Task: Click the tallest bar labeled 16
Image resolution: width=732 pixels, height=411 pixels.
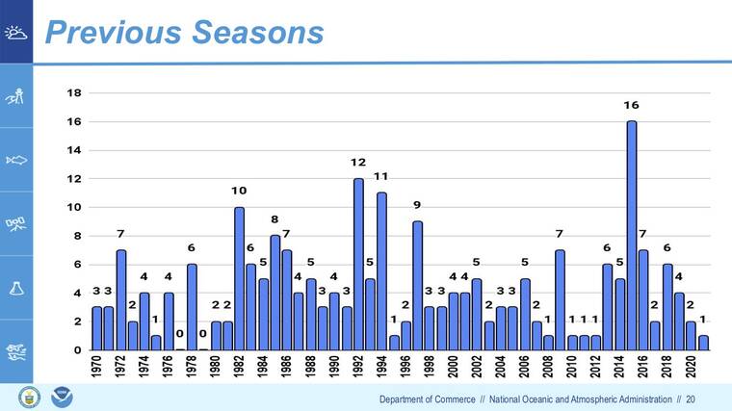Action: point(632,236)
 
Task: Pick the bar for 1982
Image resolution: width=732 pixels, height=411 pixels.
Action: point(239,279)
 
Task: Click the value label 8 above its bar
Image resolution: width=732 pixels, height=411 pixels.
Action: point(274,219)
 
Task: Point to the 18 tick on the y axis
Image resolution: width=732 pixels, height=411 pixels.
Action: point(73,93)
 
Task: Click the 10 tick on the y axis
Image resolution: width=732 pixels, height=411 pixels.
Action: point(73,208)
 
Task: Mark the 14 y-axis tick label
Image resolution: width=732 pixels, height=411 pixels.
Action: point(73,150)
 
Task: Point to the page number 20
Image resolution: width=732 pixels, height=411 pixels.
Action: point(691,399)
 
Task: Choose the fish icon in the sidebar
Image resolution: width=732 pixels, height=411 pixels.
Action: point(16,160)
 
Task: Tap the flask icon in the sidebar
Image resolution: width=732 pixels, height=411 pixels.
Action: point(16,288)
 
